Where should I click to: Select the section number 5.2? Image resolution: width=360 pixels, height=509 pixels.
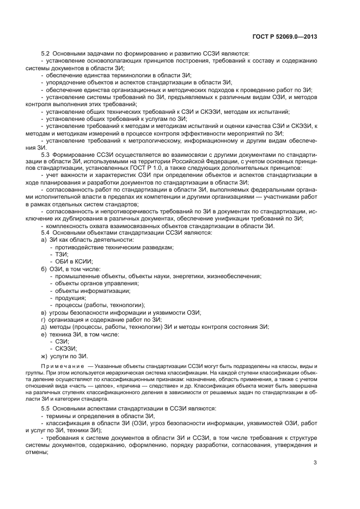pos(46,53)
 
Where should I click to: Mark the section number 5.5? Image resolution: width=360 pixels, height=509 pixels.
pos(46,408)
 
